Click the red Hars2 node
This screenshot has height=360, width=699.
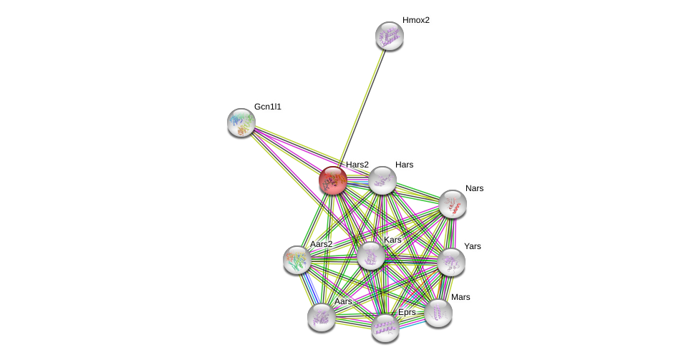pos(333,180)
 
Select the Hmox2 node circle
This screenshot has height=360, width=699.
pos(390,36)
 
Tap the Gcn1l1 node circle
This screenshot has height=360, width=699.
pos(241,122)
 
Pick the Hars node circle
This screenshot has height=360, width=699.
pos(382,180)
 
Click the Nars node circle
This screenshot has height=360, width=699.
pos(453,204)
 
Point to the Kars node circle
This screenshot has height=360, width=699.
pos(371,256)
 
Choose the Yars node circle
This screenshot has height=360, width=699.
pos(451,262)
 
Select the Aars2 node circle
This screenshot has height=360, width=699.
pos(297,260)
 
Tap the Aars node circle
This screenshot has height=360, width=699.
pos(322,317)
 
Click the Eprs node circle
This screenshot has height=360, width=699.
pos(385,328)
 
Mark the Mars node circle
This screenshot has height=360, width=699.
pos(438,313)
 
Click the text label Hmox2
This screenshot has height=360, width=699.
pos(415,20)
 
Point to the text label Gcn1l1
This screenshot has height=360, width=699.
pos(268,107)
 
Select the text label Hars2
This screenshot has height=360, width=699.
pos(357,165)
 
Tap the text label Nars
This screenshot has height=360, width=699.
pos(474,188)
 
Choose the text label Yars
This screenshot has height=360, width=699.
pos(473,246)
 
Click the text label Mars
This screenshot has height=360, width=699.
pos(461,297)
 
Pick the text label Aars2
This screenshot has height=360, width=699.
pos(321,244)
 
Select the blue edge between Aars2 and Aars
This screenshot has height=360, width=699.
pos(309,288)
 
